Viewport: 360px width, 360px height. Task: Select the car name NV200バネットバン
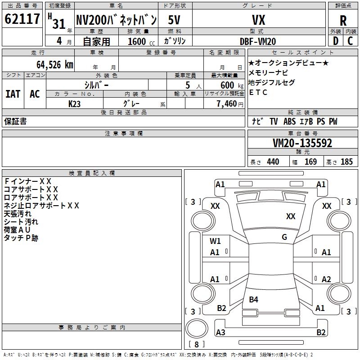[116, 20]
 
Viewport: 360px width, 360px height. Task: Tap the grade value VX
[258, 20]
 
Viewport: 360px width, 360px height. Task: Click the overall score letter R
[343, 21]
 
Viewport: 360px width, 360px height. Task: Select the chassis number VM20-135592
[302, 143]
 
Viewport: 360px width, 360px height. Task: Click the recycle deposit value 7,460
[226, 104]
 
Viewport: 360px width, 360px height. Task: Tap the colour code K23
[75, 104]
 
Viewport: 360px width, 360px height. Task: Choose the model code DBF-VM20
[258, 41]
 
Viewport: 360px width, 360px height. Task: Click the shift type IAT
[13, 94]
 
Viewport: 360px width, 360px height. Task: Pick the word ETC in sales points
[258, 93]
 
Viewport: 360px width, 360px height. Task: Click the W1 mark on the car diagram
[215, 241]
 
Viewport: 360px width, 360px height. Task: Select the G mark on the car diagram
[284, 237]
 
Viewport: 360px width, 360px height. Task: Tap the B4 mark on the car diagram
[254, 299]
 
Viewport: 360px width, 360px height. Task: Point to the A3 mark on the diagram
[220, 333]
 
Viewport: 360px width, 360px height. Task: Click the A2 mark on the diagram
[326, 279]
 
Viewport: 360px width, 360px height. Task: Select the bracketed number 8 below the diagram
[197, 345]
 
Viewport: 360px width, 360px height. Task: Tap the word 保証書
[15, 121]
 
